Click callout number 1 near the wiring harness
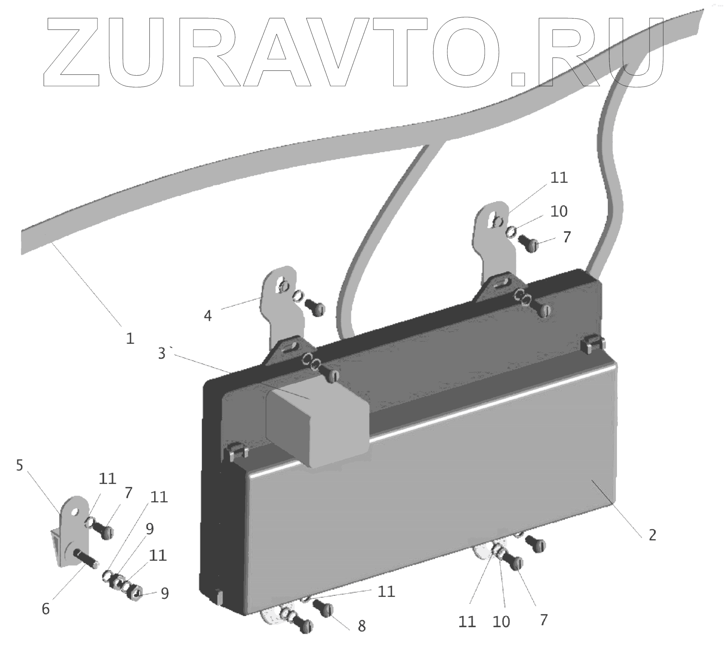[x=130, y=338]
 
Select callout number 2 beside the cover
[x=652, y=535]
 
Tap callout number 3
[x=162, y=353]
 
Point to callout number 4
[x=208, y=315]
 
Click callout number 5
[x=20, y=465]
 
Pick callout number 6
[x=46, y=608]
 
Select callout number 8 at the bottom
[x=361, y=626]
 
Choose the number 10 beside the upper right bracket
[x=559, y=211]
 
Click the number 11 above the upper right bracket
[x=559, y=178]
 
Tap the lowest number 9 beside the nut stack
[x=165, y=593]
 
